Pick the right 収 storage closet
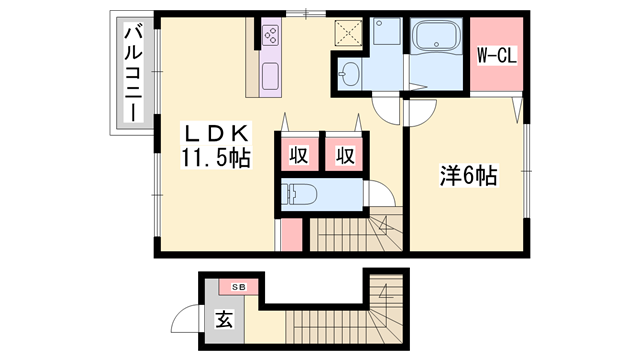tap(345, 156)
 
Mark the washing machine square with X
tap(351, 33)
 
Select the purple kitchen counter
tap(271, 75)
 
